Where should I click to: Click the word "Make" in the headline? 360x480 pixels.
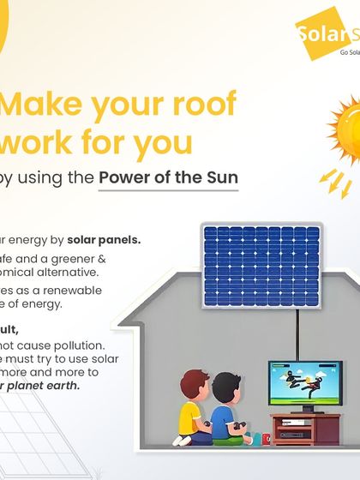[x=42, y=105]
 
